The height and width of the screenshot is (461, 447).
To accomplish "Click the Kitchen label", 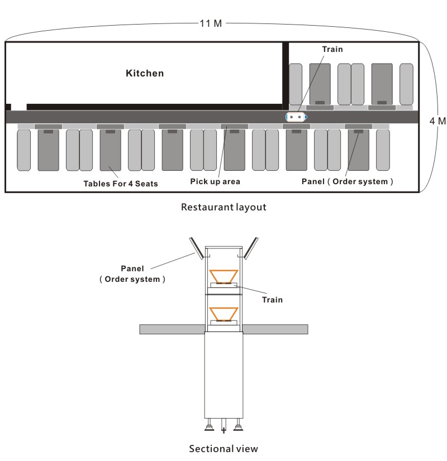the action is [x=145, y=73].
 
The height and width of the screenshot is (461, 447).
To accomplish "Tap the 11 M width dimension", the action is [x=211, y=23].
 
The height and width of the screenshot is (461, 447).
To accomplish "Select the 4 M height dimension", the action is [x=438, y=121].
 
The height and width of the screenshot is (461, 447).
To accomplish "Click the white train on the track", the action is [x=296, y=117].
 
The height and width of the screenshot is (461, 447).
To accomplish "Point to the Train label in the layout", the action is [x=332, y=49].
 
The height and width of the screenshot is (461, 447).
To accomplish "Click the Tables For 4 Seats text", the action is [x=121, y=184].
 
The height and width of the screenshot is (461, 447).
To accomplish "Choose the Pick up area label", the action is [x=215, y=182].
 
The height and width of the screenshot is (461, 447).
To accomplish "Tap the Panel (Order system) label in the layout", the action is [x=347, y=182].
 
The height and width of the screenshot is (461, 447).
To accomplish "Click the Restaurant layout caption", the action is [x=223, y=207].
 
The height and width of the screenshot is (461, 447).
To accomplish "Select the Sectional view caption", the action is [x=223, y=449].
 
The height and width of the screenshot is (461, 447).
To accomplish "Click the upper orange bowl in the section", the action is [x=223, y=276].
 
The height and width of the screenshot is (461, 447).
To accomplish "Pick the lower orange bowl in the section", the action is [x=223, y=314].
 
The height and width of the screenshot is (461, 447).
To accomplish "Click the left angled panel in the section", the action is [x=196, y=248].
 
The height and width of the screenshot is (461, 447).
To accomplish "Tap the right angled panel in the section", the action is [x=251, y=248].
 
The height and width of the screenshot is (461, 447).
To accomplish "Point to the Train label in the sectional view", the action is [x=272, y=300].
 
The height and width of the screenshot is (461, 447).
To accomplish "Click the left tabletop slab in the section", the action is [x=172, y=329].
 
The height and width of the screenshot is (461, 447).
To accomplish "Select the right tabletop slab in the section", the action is [x=275, y=329].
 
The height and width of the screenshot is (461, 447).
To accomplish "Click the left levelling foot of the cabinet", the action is [x=209, y=425].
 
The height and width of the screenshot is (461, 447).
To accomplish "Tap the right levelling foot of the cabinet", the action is [x=238, y=425].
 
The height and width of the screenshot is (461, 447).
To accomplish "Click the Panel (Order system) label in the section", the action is [x=132, y=273].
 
